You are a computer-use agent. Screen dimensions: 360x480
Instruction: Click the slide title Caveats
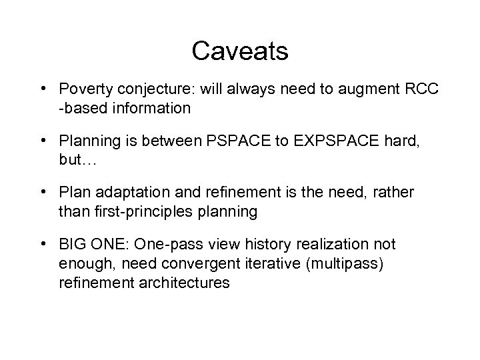click(x=239, y=51)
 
